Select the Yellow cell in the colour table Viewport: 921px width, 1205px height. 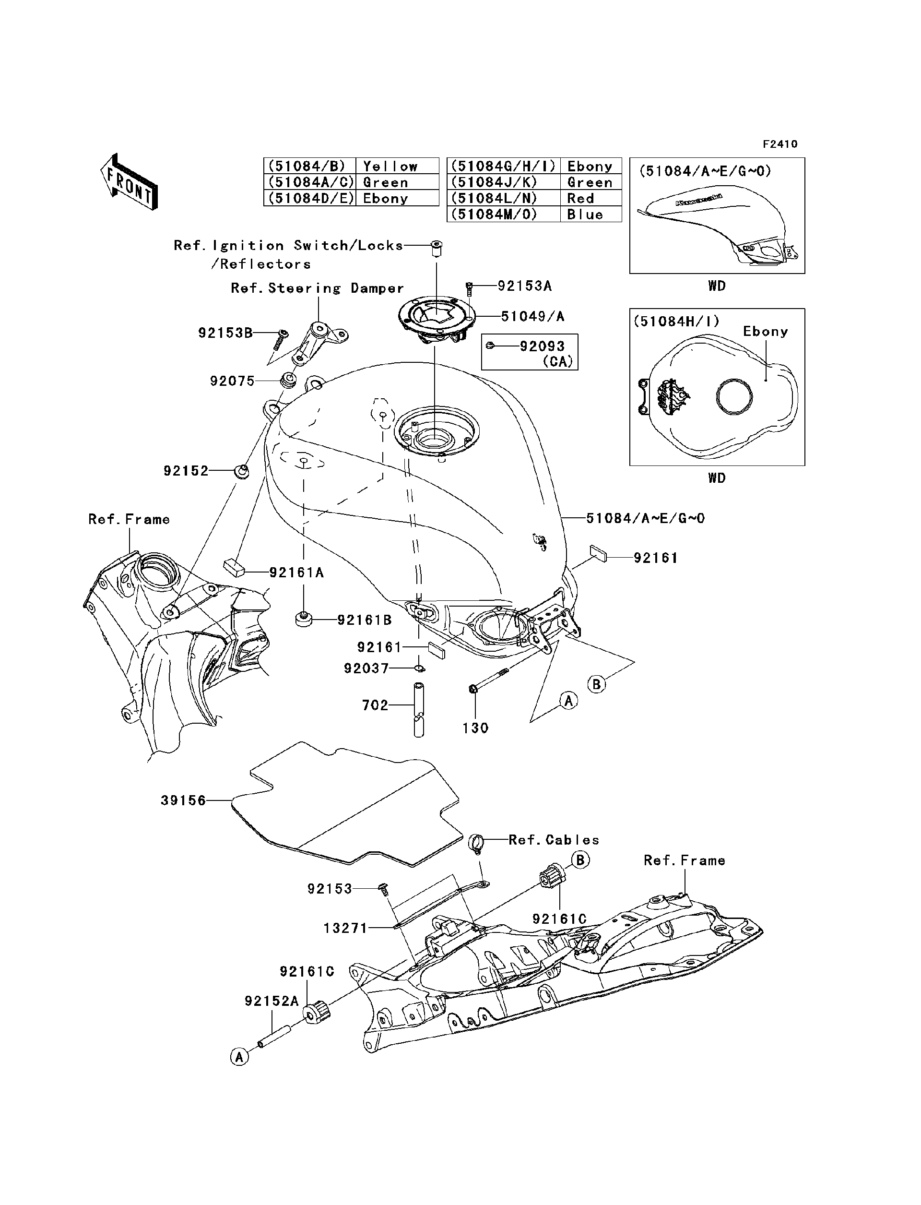390,166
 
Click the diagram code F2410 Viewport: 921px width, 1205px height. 779,144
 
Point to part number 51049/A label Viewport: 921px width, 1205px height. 532,316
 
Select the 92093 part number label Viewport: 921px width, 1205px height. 542,346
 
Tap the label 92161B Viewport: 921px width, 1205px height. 364,620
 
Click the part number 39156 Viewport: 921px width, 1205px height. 183,801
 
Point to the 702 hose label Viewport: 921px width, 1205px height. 375,705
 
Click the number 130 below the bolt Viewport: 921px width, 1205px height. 475,728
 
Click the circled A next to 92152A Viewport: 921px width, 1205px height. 239,1056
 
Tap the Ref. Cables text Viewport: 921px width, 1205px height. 554,840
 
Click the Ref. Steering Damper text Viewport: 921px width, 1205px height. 317,288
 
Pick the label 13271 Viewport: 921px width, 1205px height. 345,928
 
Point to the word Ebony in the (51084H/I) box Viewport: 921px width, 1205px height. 765,331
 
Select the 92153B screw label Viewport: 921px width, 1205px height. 225,333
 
